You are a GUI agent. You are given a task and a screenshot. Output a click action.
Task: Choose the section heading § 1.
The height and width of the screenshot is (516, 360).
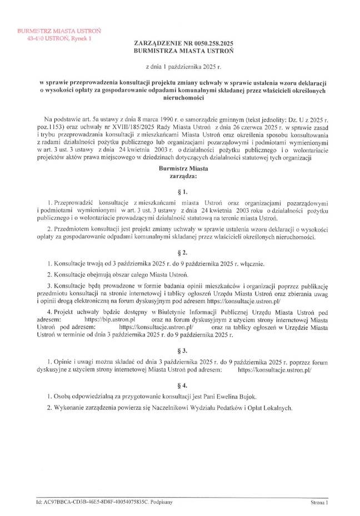179,192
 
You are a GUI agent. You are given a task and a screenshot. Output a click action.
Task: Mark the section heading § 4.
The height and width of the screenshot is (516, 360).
179,384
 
